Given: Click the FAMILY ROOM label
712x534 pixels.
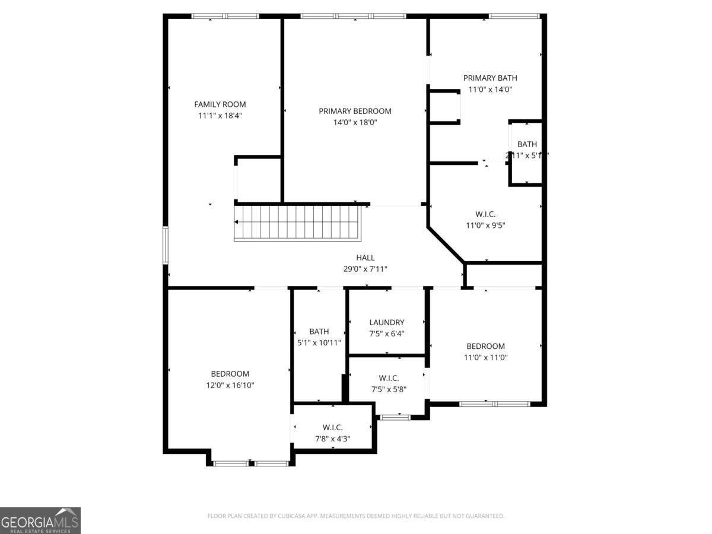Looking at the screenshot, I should click(220, 104).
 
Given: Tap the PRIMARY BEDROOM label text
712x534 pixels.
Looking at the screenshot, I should click(355, 111).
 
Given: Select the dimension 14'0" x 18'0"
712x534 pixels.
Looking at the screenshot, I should click(355, 123).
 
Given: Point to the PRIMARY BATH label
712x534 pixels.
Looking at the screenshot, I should click(490, 78).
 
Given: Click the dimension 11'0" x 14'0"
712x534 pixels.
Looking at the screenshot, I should click(490, 90).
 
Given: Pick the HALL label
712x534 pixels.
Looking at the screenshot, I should click(365, 258).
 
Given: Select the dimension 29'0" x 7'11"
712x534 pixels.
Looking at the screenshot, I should click(365, 269).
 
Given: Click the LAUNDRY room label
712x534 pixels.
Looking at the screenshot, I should click(386, 322).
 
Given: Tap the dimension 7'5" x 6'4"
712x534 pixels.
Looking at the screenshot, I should click(386, 333).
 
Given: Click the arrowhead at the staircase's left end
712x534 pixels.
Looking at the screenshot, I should click(237, 223).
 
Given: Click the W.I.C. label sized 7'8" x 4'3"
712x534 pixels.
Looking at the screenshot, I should click(332, 427).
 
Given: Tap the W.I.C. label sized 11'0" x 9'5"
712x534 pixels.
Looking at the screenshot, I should click(485, 214).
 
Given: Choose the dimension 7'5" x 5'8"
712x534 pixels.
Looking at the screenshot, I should click(389, 390).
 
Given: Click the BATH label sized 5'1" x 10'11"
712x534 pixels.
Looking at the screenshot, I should click(319, 332).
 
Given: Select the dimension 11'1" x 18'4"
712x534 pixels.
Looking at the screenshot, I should click(220, 116).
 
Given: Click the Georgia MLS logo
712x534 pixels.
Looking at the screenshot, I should click(40, 520).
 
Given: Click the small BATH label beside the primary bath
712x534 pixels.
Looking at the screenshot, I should click(527, 144).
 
